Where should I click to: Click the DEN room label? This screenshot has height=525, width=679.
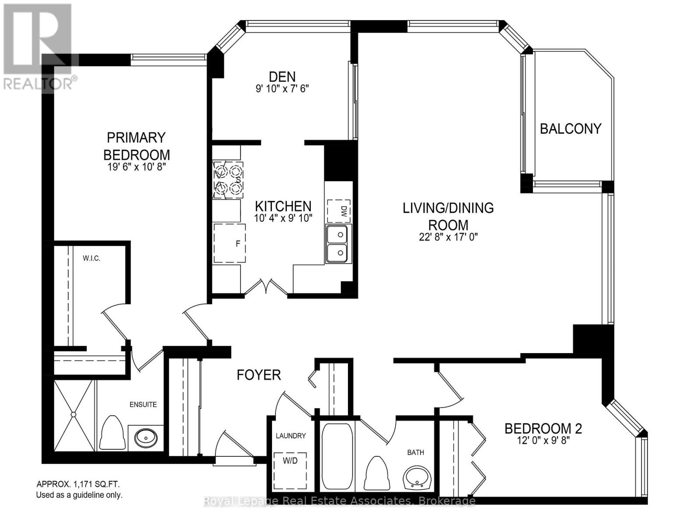282,77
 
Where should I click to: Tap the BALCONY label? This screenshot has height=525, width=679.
570,129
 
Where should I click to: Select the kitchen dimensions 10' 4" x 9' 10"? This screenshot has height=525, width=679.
283,218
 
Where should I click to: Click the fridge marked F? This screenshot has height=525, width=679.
230,243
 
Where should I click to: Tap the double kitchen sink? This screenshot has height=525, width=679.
337,244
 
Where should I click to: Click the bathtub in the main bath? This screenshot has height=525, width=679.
337,456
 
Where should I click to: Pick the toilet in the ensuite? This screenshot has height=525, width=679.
112,433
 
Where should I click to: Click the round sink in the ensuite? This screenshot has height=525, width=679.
145,437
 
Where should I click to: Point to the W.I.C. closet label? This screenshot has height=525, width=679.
91,259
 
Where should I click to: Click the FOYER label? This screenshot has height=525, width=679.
258,375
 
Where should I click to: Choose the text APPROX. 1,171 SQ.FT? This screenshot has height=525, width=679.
77,484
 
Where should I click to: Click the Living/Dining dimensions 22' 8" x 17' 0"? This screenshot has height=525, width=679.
448,237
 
